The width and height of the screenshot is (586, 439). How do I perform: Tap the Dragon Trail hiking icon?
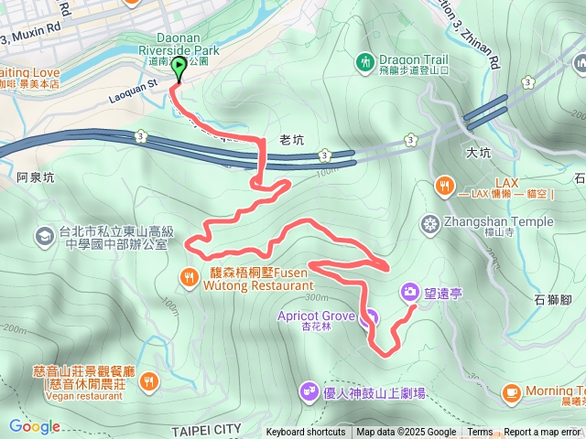(x=365, y=62)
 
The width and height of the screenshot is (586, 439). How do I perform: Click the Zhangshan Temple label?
(x=499, y=221)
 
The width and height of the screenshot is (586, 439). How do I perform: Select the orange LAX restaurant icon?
(x=444, y=186)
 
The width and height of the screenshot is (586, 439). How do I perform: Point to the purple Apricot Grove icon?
(x=369, y=318)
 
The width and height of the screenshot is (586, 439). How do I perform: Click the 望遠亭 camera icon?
(x=409, y=292)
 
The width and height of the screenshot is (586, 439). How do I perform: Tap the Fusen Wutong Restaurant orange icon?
(x=189, y=275)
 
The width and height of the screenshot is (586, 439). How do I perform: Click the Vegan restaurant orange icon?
(x=149, y=380)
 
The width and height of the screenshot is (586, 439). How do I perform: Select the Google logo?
(x=34, y=426)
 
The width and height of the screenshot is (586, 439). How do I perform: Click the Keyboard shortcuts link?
(x=306, y=433)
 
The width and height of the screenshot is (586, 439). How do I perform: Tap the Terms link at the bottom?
(x=480, y=433)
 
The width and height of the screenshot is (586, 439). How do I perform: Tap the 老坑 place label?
(x=290, y=138)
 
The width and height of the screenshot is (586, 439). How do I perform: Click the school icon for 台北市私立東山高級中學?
(x=43, y=236)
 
